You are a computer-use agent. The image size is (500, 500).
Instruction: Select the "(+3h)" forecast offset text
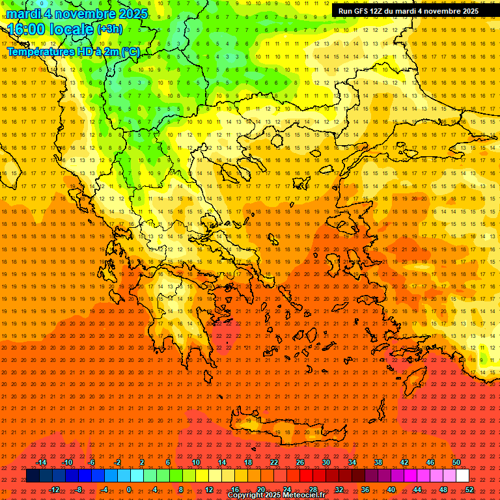[x=109, y=29]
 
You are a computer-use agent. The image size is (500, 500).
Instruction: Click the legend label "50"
[x=456, y=462]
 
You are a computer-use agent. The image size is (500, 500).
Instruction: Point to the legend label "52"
[x=469, y=490]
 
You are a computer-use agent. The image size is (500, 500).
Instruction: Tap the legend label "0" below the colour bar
[x=128, y=490]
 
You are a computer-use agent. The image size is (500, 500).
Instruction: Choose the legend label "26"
[x=300, y=462]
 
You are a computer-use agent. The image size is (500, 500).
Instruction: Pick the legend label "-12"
[x=54, y=490]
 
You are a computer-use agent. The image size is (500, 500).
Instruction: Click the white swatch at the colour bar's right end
[x=463, y=476]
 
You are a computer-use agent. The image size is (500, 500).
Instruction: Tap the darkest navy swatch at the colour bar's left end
[x=33, y=476]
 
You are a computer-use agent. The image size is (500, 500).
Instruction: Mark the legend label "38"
[x=378, y=462]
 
